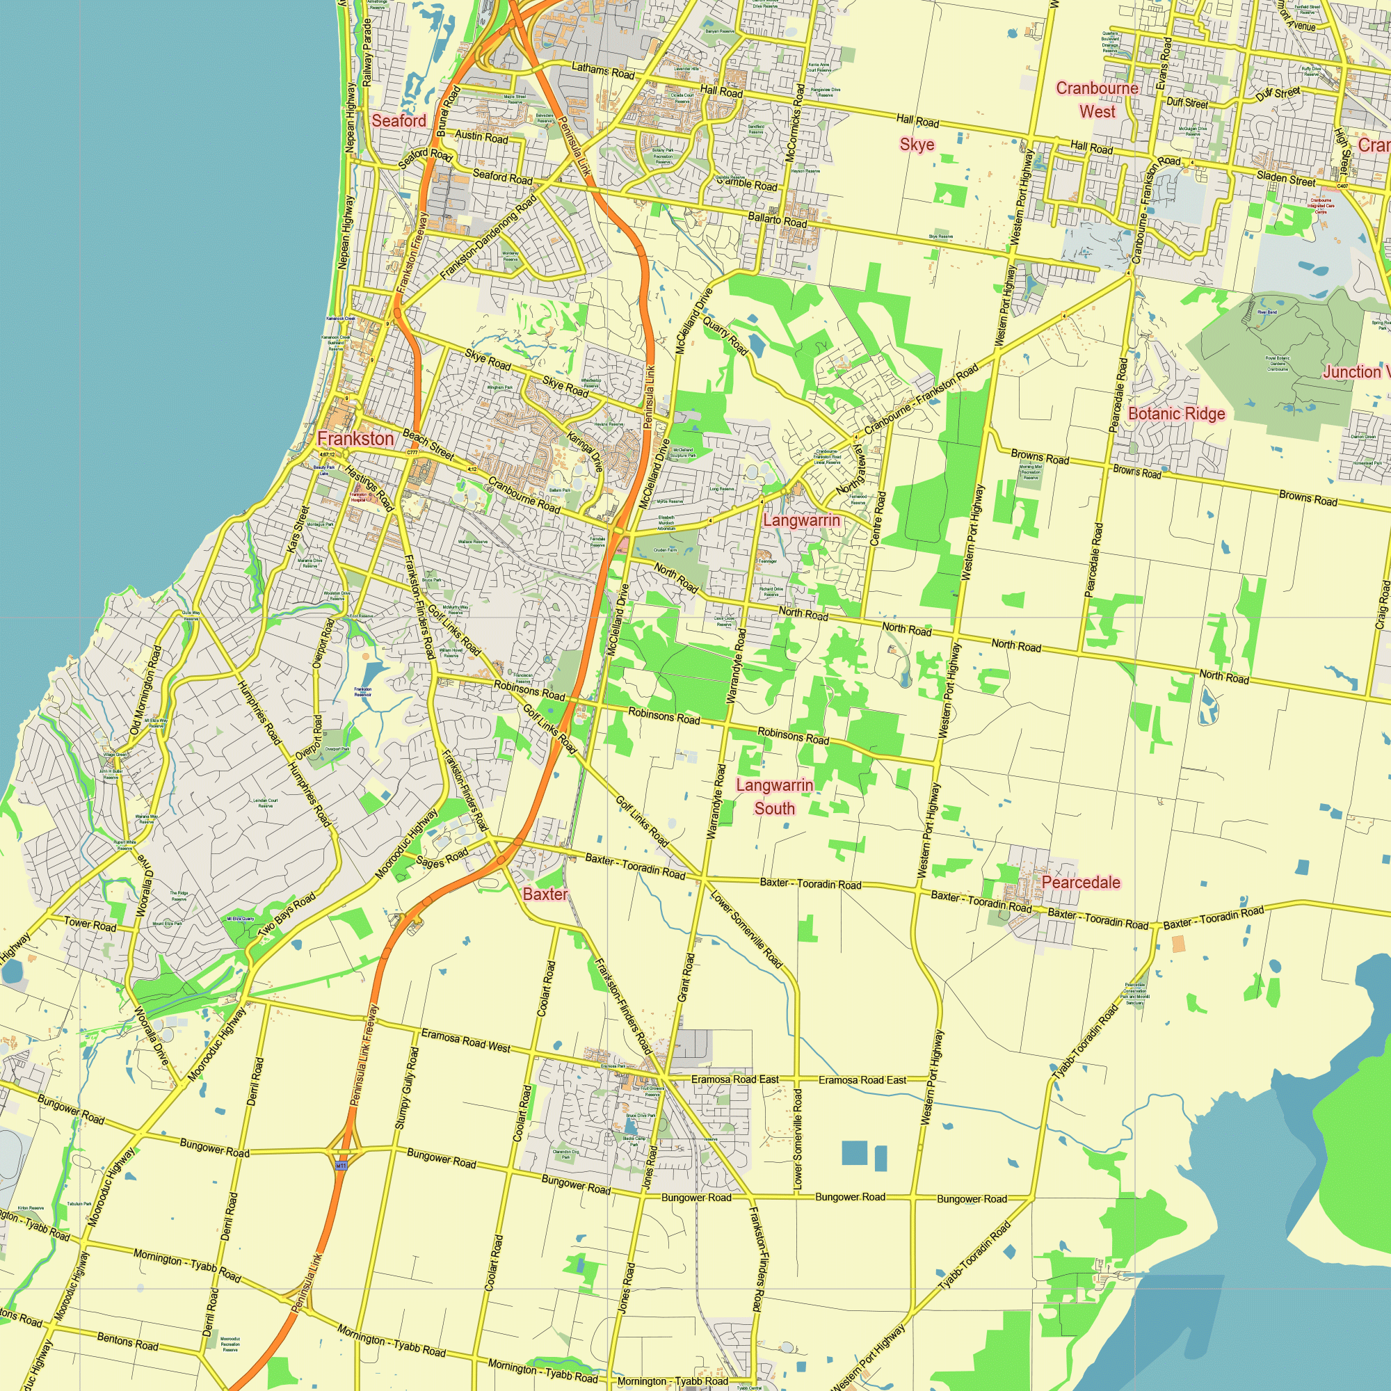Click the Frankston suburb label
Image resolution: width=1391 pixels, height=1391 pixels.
[x=355, y=438]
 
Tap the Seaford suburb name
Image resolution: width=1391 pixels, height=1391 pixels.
[x=399, y=121]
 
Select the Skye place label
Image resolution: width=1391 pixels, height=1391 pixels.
[x=917, y=145]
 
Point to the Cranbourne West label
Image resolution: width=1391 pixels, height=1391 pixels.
[x=1097, y=100]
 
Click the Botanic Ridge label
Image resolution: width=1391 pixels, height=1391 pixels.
[x=1177, y=414]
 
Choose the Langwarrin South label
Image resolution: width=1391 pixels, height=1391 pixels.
[x=775, y=796]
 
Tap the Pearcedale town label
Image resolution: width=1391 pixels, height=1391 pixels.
[x=1081, y=883]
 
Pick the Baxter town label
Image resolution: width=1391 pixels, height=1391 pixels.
[x=545, y=894]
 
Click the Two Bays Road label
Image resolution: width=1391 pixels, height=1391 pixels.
[x=287, y=914]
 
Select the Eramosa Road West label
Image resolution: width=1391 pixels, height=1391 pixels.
[x=465, y=1040]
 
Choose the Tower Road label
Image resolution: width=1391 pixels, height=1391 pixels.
[x=90, y=924]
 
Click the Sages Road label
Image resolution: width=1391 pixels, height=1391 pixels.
[x=442, y=858]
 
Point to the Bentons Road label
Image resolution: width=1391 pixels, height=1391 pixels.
[x=127, y=1340]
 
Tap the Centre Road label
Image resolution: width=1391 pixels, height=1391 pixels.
[x=878, y=518]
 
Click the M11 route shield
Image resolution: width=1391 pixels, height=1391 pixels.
[x=342, y=1164]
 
